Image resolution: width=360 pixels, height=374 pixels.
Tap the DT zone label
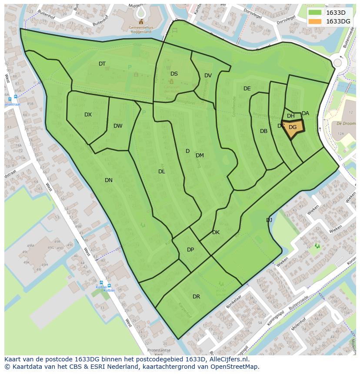[x=102, y=64]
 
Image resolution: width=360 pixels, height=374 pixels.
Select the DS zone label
[x=174, y=74]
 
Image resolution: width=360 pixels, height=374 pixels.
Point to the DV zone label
[x=208, y=76]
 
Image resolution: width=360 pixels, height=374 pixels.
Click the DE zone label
[x=247, y=89]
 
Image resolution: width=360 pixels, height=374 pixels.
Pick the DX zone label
[x=88, y=115]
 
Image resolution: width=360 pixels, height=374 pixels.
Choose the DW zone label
[x=118, y=126]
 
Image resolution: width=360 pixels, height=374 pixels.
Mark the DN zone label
[x=109, y=180]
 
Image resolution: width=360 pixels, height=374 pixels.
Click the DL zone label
[x=162, y=172]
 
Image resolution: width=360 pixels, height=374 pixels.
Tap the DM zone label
[x=200, y=156]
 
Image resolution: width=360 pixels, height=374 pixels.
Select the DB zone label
[x=263, y=131]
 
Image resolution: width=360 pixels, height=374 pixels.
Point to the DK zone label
[x=216, y=232]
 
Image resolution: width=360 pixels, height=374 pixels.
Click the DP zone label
[x=190, y=250]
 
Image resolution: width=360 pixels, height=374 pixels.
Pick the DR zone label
[x=196, y=297]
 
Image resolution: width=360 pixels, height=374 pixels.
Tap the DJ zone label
[x=269, y=220]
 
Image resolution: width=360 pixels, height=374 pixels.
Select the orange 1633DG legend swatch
[x=315, y=21]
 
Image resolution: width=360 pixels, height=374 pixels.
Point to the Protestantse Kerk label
[x=160, y=352]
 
